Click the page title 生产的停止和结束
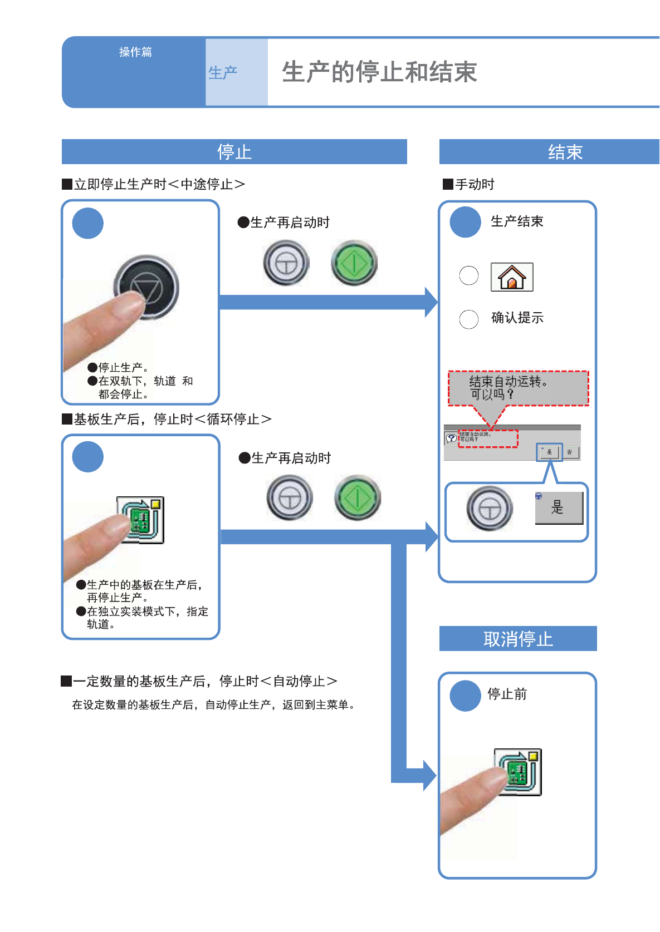[379, 72]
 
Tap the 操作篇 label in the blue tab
[135, 52]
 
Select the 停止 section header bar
[234, 152]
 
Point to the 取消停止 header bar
[518, 639]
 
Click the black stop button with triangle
[146, 287]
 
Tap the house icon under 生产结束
[512, 277]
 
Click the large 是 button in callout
[559, 507]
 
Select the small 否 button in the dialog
[570, 452]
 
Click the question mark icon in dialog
[451, 438]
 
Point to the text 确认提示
[517, 318]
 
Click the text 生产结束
[517, 221]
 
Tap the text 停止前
[507, 694]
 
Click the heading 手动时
[475, 184]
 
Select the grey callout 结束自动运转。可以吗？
[518, 388]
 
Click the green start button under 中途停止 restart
[354, 263]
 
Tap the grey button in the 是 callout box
[490, 508]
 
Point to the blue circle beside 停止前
[465, 696]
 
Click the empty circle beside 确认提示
[468, 319]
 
